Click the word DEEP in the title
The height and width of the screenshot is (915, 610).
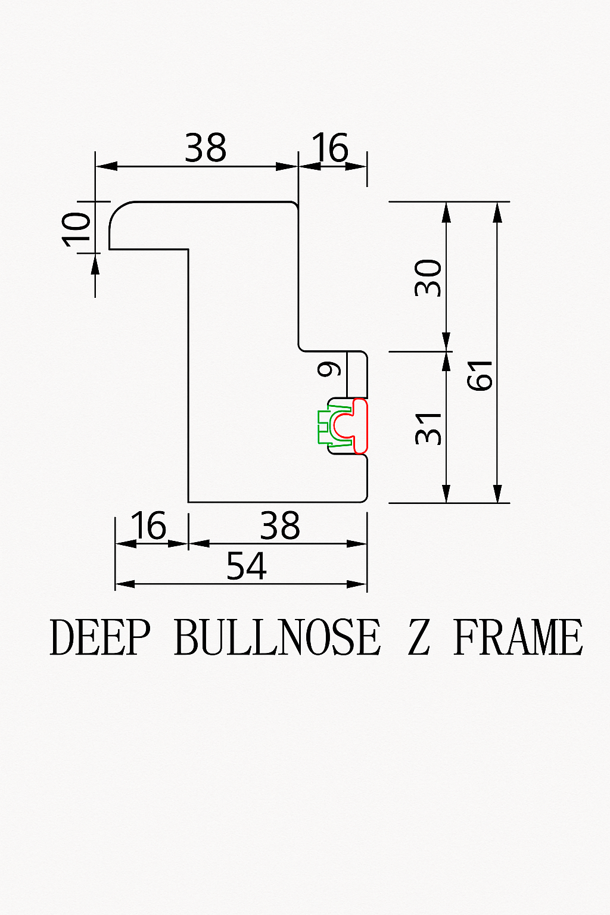[x=99, y=637]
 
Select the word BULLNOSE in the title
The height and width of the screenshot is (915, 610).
[x=278, y=637]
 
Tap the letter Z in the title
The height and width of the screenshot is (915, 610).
[x=419, y=637]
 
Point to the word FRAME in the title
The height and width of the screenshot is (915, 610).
[x=518, y=637]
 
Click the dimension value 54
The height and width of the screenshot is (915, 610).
[x=247, y=566]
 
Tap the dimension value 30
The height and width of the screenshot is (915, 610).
[x=428, y=278]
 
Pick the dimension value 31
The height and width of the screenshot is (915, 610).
[x=428, y=428]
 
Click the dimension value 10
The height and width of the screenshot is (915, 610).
[x=76, y=229]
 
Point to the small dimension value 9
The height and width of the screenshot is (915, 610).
[x=329, y=369]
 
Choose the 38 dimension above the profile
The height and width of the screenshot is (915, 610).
[x=206, y=148]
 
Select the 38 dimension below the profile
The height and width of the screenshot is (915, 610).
[x=281, y=525]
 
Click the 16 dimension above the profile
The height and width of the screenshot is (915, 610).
[x=330, y=147]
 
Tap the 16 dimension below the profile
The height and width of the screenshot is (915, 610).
[x=148, y=525]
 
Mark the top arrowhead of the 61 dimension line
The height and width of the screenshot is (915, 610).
[x=497, y=213]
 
